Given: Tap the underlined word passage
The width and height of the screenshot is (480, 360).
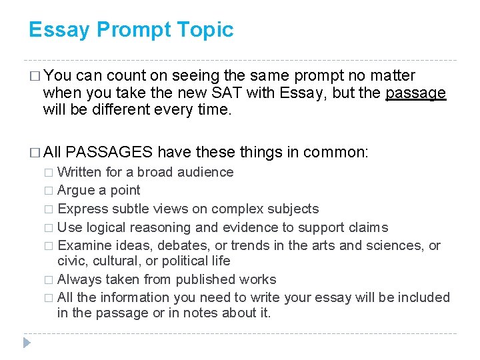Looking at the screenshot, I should click(415, 93).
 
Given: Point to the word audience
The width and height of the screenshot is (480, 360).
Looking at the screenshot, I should click(205, 172).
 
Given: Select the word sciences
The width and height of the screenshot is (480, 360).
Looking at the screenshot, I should click(393, 245).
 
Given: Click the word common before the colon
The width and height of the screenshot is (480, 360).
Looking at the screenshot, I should click(335, 152).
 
